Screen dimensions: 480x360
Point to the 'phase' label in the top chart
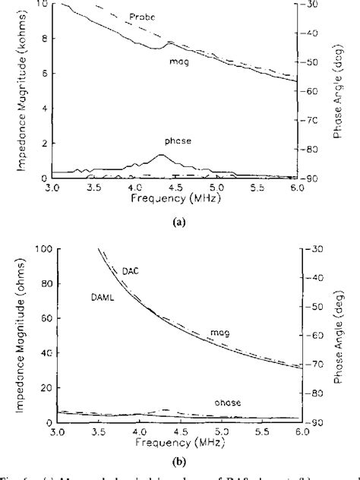point(176,141)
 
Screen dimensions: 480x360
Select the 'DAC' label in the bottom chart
point(131,270)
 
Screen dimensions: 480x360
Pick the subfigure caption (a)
point(179,223)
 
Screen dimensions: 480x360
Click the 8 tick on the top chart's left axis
point(43,39)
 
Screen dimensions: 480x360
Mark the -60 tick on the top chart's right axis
point(313,91)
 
